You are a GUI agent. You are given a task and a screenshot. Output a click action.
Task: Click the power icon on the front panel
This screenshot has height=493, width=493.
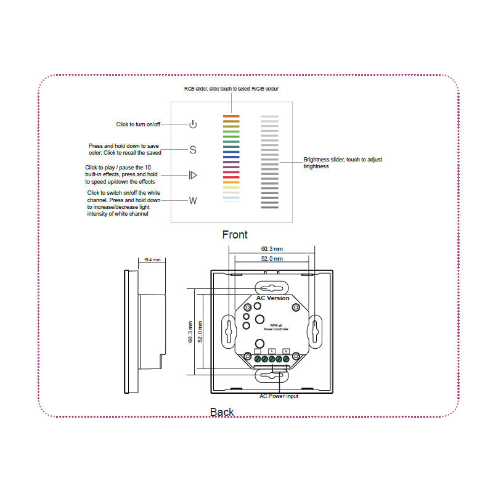coord(193,124)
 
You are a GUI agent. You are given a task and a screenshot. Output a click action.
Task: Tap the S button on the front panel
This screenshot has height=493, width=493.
coord(193,150)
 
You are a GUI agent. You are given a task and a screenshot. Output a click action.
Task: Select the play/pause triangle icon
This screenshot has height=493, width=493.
coord(193,175)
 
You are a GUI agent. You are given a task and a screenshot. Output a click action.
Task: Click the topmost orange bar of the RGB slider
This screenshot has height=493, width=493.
coord(230,115)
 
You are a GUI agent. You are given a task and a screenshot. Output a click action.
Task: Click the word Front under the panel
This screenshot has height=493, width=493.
coord(235,235)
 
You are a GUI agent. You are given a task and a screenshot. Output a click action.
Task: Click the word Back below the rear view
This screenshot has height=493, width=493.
coord(222,412)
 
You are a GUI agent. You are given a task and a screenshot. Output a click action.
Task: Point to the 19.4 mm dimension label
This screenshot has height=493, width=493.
coord(151,260)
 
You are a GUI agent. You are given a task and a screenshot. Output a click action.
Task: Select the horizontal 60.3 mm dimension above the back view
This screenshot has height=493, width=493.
coord(272,248)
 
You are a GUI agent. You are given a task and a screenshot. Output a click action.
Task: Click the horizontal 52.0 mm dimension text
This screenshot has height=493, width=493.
coord(272,259)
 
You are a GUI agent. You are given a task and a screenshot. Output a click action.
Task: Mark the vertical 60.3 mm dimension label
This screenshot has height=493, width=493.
coord(190,331)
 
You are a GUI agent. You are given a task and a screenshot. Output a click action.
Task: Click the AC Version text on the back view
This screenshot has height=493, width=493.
coord(273,298)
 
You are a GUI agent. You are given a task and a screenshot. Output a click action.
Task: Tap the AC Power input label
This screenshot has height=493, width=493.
coord(279,396)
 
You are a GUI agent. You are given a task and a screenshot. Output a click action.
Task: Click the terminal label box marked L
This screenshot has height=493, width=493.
coord(272,351)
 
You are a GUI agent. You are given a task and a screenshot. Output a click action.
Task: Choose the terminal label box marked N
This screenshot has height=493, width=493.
coord(285,351)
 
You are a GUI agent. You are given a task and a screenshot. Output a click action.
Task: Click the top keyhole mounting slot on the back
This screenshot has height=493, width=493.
coord(272,288)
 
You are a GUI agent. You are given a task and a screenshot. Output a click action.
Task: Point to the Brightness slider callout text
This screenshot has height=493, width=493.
coord(343,163)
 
